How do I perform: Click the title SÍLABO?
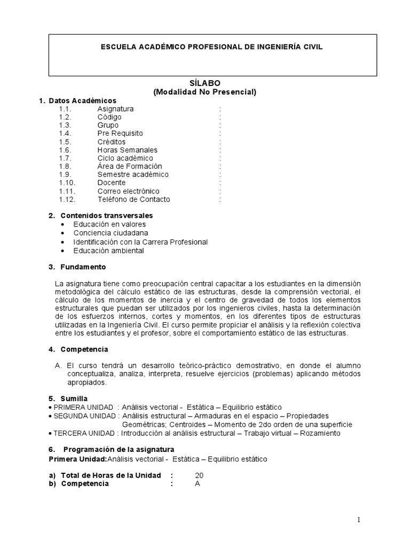coord(205,83)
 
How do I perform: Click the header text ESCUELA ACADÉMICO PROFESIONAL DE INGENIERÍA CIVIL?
coord(212,47)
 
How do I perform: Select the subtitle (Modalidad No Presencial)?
coord(205,91)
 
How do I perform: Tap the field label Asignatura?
coord(115,109)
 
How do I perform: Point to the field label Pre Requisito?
coord(120,134)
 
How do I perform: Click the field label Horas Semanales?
coord(127,150)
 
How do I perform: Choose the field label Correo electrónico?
coord(128,191)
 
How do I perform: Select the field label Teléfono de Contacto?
coord(133,199)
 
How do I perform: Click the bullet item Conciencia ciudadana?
coord(111,233)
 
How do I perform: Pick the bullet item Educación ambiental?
coord(109,250)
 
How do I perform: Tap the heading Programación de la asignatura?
coord(119,450)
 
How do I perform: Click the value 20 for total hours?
coord(199,475)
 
